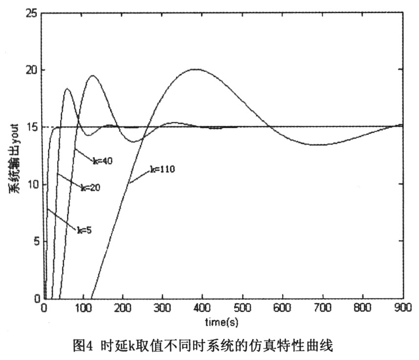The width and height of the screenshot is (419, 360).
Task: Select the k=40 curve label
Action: click(x=103, y=161)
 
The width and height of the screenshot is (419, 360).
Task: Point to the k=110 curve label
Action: click(x=162, y=170)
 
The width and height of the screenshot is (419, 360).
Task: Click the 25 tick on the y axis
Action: click(x=33, y=13)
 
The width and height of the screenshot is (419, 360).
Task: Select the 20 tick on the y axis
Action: click(x=33, y=70)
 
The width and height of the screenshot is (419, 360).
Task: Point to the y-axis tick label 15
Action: click(x=33, y=127)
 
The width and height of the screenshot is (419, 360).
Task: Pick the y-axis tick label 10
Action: click(x=33, y=184)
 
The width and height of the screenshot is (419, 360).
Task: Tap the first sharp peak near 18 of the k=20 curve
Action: click(x=67, y=89)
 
